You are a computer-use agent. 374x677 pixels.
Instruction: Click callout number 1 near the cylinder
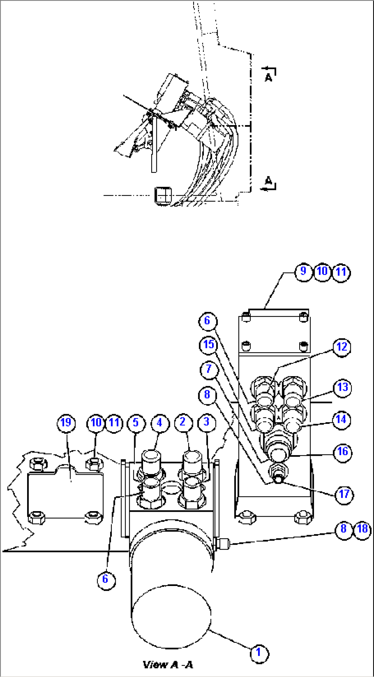[x=258, y=652]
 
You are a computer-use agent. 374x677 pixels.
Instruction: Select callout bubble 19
[x=66, y=422]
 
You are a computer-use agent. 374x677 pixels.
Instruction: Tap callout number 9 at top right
[x=303, y=271]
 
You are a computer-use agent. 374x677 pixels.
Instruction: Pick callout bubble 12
[x=342, y=347]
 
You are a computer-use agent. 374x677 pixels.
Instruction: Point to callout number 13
[x=342, y=387]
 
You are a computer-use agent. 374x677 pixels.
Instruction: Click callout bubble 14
[x=341, y=419]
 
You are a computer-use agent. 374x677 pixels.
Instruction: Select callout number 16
[x=342, y=452]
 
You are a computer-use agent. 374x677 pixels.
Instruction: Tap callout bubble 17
[x=344, y=494]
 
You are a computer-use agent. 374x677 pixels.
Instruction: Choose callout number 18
[x=363, y=529]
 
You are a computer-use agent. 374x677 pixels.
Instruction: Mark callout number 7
[x=209, y=369]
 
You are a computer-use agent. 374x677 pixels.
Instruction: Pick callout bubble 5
[x=136, y=422]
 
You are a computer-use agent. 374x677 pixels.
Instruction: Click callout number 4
[x=159, y=422]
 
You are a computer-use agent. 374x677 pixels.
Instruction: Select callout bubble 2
[x=183, y=422]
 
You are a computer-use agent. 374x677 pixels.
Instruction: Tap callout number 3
[x=206, y=422]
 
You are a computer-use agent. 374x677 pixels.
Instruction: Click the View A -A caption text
[x=168, y=665]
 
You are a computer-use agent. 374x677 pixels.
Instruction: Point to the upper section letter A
[x=268, y=77]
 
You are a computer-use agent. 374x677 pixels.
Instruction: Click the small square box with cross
[x=163, y=196]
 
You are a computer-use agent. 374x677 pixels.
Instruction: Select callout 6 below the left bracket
[x=105, y=579]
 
